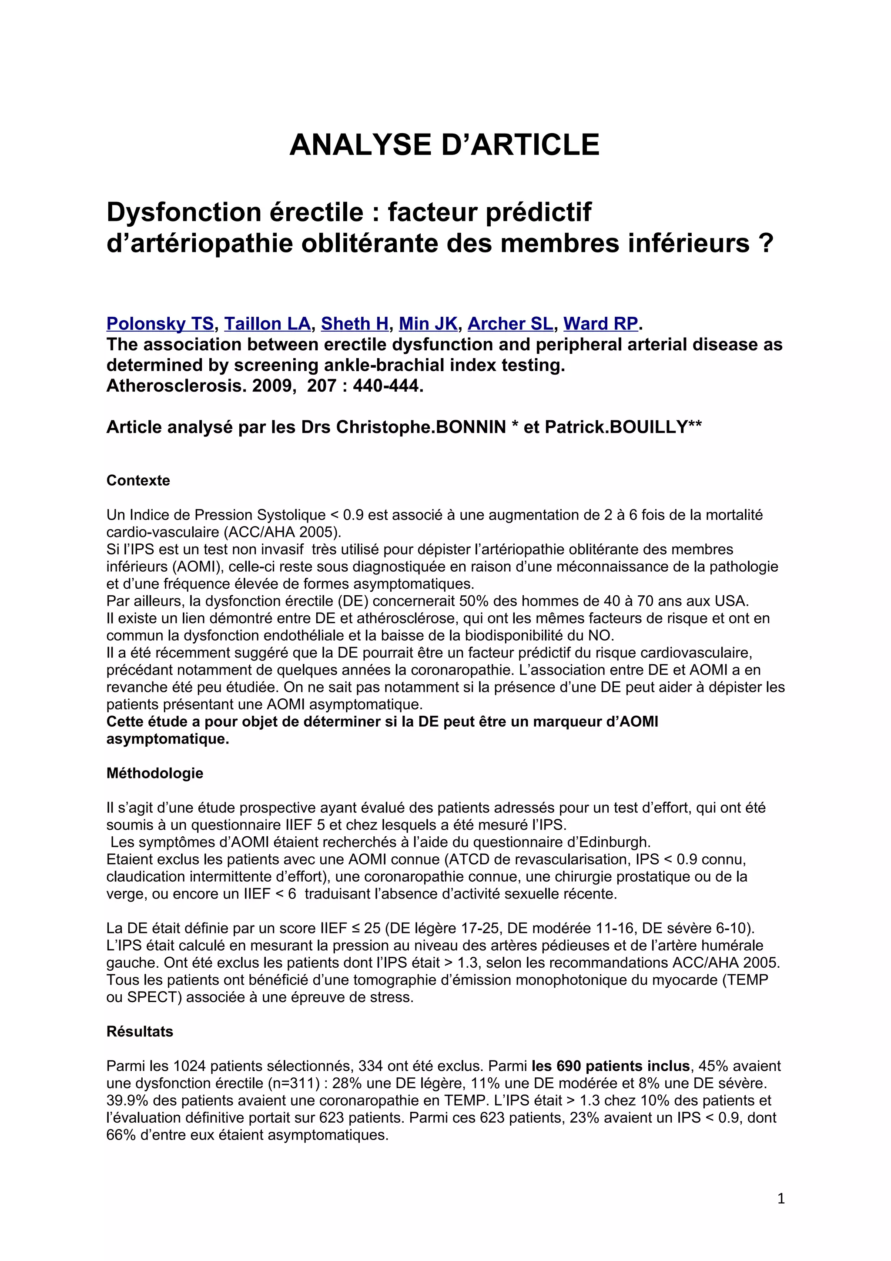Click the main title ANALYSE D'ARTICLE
point(444,144)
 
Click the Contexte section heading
point(138,480)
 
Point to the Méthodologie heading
point(155,773)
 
